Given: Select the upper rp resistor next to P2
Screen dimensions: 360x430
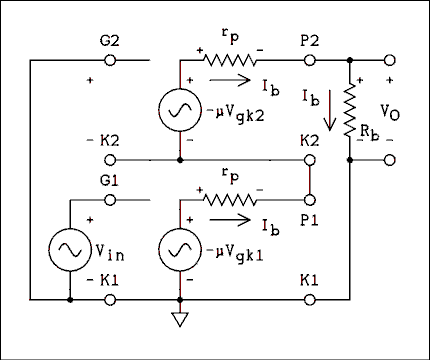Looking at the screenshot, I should point(231,60).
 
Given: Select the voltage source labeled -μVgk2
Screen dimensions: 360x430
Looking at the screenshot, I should point(181,110).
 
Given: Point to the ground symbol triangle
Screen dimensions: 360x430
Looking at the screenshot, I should point(181,321).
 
